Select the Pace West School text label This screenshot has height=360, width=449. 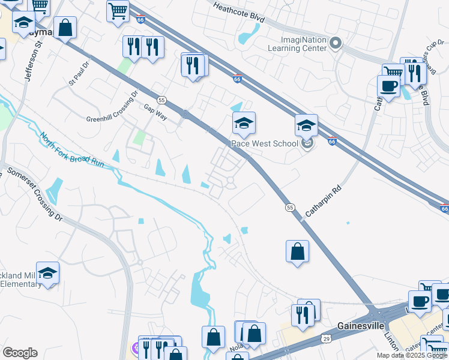[x=265, y=143]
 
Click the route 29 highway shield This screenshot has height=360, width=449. [x=324, y=338]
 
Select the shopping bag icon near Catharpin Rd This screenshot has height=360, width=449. [x=298, y=251]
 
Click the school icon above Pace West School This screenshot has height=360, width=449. [x=244, y=124]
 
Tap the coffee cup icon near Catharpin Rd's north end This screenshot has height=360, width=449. [x=388, y=86]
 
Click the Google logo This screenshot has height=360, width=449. [x=19, y=353]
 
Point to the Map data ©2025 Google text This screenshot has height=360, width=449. [x=412, y=355]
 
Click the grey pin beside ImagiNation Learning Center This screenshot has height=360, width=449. [x=336, y=43]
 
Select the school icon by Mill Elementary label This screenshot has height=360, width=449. [x=47, y=274]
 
